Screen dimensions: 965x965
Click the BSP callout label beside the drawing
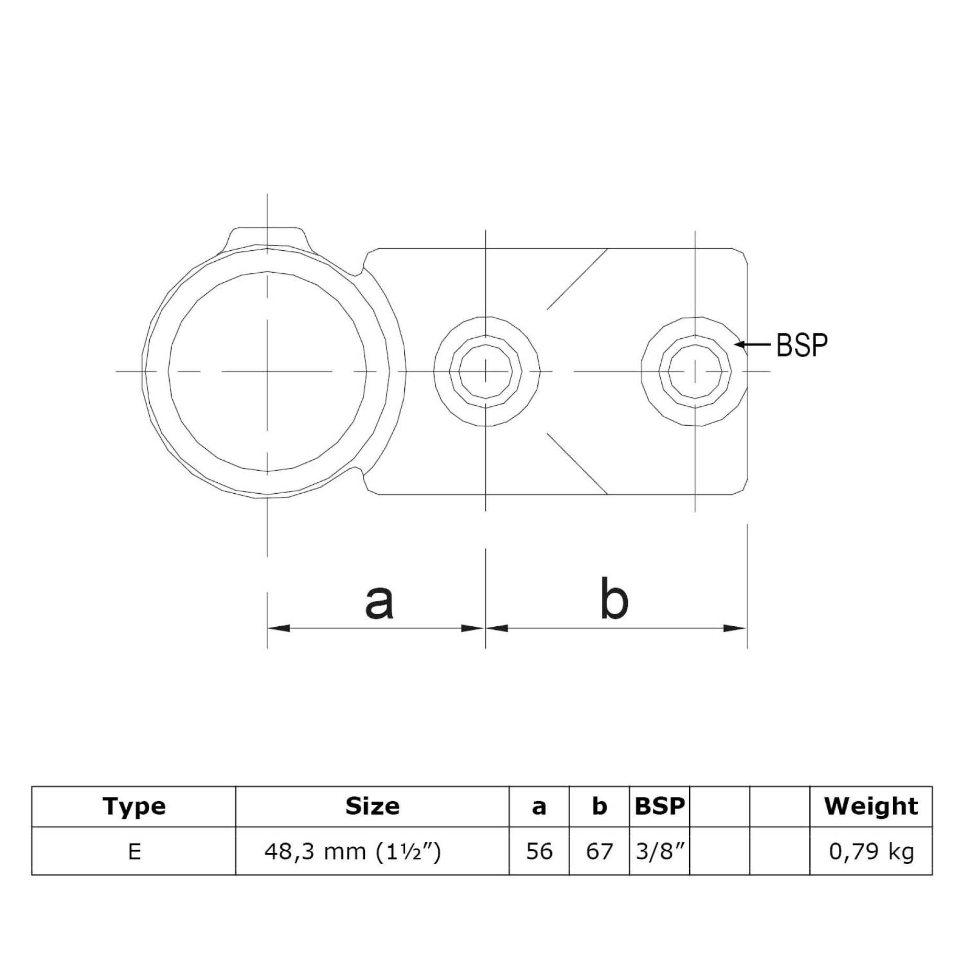(802, 345)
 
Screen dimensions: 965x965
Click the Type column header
(134, 806)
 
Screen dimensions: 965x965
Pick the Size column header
(372, 806)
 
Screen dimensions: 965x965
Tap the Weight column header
(871, 806)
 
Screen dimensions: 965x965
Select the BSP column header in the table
(659, 806)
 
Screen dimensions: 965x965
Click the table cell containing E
(134, 852)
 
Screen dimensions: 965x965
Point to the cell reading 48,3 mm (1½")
(352, 852)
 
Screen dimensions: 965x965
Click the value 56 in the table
(539, 852)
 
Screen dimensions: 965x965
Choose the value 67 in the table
(599, 852)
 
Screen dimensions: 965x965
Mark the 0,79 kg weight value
(871, 852)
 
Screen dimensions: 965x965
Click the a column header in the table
(539, 807)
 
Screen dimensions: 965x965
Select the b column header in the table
(599, 807)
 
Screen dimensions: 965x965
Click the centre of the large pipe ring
(268, 371)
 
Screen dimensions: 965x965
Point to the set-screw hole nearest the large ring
(486, 371)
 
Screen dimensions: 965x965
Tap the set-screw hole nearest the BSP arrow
(695, 371)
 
